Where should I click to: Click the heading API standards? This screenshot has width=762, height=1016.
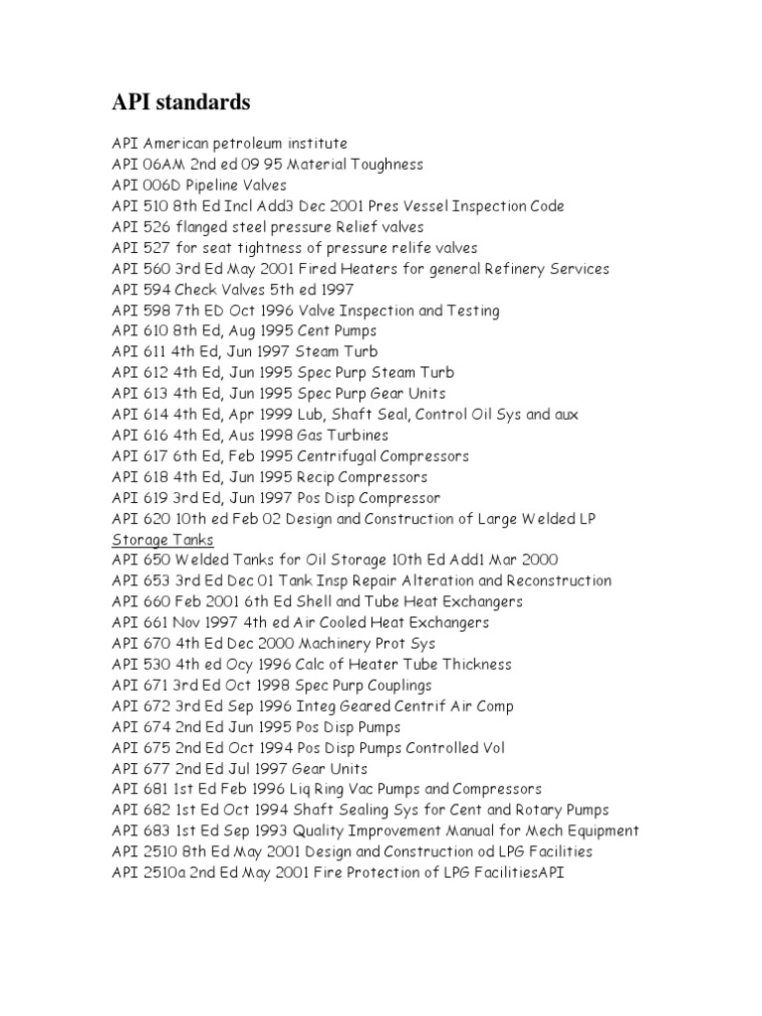(181, 102)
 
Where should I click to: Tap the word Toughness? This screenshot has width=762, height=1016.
(381, 165)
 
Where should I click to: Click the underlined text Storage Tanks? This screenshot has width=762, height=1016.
(162, 540)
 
